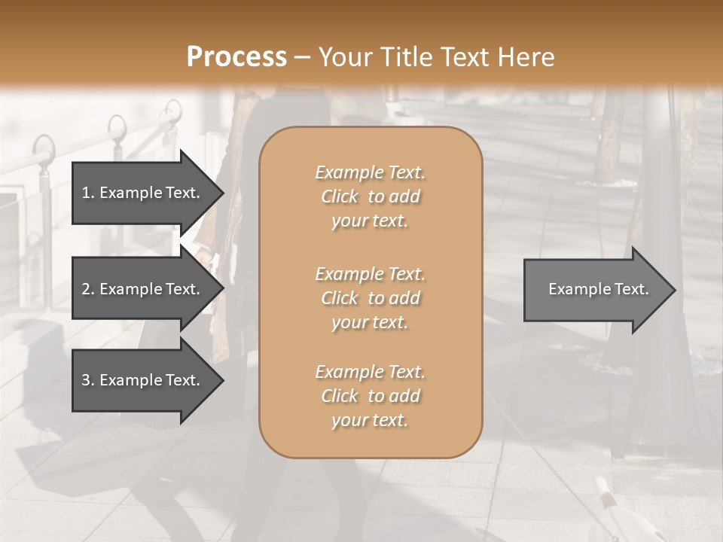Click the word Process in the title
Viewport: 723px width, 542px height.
[236, 57]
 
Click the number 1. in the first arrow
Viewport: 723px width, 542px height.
[87, 193]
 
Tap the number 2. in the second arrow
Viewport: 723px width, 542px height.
[87, 289]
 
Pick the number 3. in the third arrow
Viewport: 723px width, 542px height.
[87, 380]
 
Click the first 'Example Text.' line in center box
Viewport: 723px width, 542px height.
[370, 172]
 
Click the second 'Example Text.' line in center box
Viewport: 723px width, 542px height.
[370, 273]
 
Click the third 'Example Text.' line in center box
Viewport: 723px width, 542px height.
[370, 372]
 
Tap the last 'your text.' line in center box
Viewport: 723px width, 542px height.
[370, 420]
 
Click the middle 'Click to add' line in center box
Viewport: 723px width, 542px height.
[370, 298]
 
